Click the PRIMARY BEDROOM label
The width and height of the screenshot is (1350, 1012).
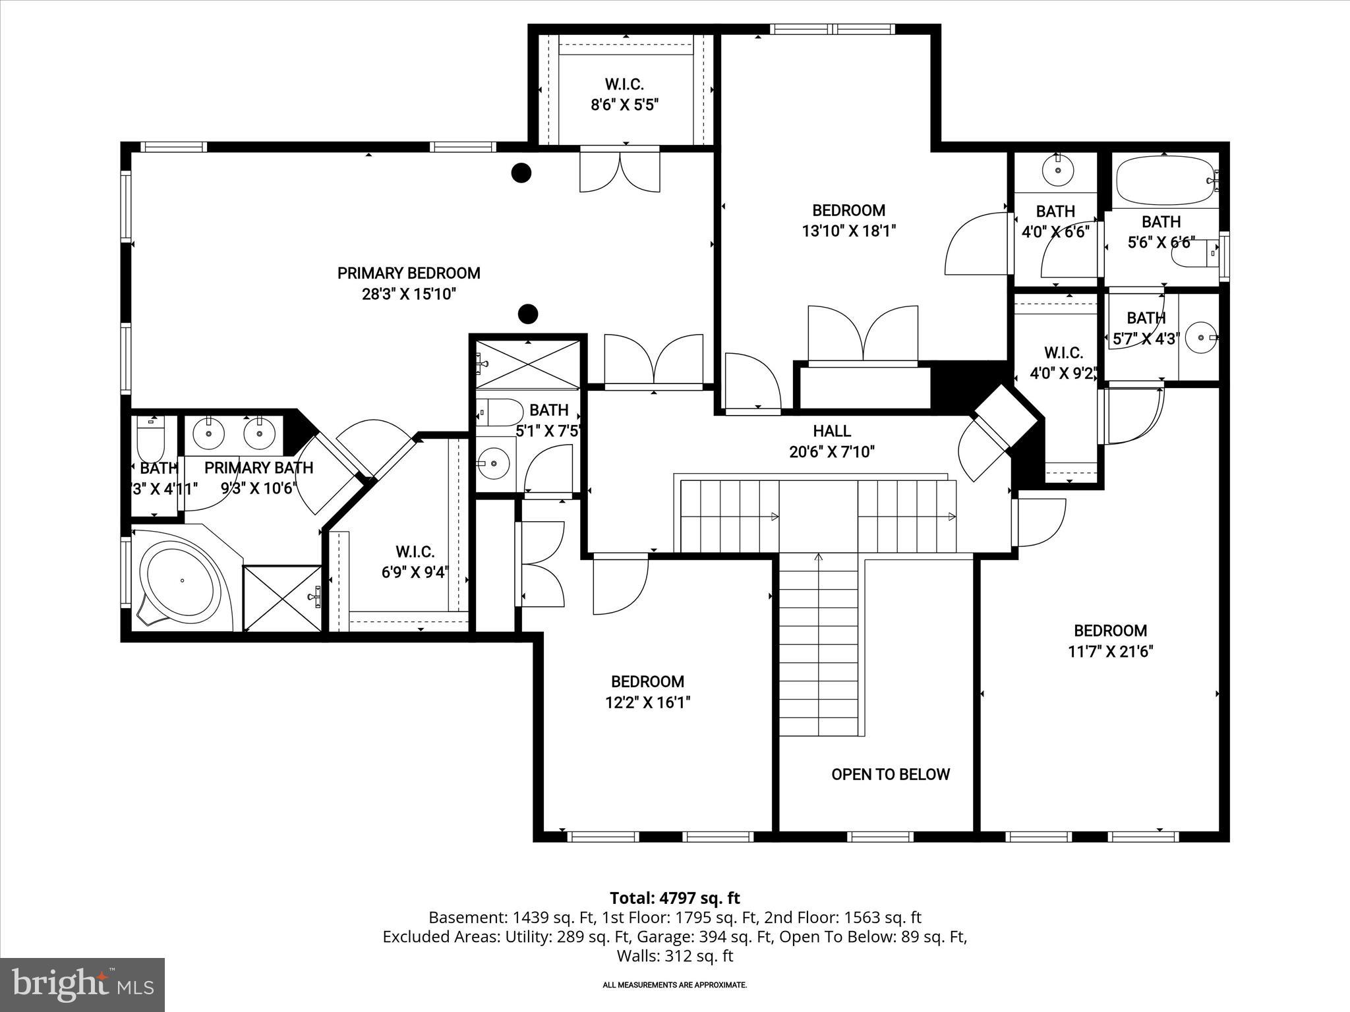point(409,273)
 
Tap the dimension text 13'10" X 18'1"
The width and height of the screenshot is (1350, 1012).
point(848,231)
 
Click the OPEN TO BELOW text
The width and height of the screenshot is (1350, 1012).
point(890,774)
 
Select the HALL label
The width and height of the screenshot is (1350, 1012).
point(831,431)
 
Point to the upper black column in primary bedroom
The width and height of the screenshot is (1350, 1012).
point(521,173)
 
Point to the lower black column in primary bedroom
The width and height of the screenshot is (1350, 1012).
point(527,314)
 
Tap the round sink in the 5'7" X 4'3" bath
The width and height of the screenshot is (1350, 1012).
point(1200,337)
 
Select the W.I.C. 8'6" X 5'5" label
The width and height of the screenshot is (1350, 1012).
point(624,94)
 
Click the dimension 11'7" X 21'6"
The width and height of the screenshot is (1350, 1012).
point(1110,652)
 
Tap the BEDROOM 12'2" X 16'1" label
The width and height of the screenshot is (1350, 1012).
point(647,692)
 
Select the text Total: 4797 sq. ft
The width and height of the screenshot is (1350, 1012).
point(674,898)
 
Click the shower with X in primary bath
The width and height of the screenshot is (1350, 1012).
point(282,598)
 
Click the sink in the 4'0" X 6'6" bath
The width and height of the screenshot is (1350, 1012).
point(1058,170)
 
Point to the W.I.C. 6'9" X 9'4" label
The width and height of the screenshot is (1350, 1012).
point(415,561)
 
